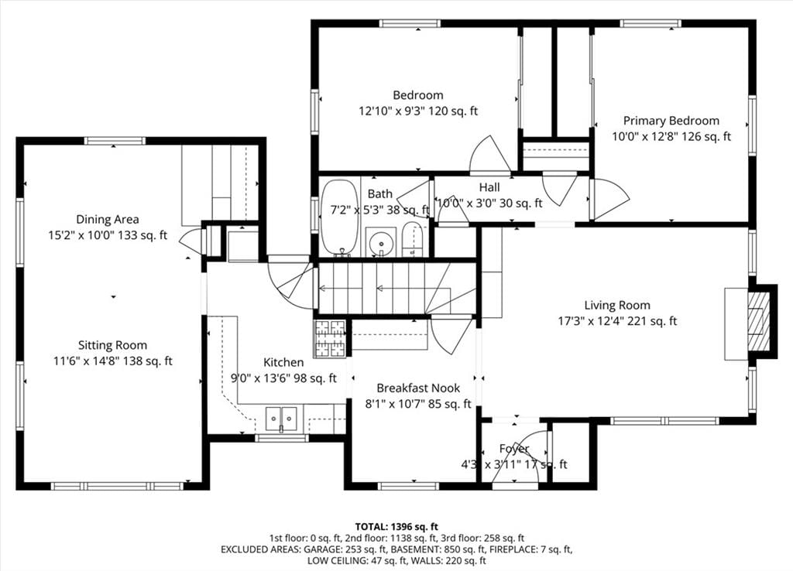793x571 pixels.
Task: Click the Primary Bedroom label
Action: point(671,121)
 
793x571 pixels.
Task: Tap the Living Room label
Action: point(617,305)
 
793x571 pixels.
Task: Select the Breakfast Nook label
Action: point(418,388)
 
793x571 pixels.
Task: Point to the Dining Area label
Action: point(107,219)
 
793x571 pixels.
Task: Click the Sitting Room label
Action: point(112,346)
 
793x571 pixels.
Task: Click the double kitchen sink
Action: point(281,419)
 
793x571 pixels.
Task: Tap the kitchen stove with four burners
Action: point(330,339)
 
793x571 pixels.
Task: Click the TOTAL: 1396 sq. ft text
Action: point(396,527)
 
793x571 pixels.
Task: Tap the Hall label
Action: point(489,187)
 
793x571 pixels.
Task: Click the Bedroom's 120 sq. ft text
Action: point(453,111)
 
